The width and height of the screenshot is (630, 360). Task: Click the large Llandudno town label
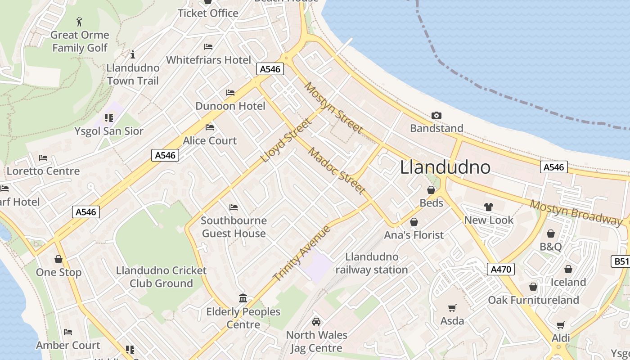point(445,167)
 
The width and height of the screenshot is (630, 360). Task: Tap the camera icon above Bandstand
point(436,116)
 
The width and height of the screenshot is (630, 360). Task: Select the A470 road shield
point(500,270)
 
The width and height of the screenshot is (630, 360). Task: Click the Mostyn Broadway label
point(576,211)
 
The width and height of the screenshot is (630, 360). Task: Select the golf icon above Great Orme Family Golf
point(80,21)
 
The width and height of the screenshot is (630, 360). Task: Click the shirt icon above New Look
point(489,207)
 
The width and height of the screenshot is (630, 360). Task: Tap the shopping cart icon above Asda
point(452,308)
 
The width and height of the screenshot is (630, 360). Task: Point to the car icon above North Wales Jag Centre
point(316,322)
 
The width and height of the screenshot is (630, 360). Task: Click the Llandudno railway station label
point(372,263)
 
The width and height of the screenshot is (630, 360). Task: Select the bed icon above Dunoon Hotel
point(230,93)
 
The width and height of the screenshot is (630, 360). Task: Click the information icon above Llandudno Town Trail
point(133,55)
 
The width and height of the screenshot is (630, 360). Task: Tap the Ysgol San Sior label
point(109,131)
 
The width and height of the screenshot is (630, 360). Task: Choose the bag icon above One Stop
point(58,259)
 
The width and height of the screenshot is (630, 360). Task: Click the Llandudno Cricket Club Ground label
point(161,277)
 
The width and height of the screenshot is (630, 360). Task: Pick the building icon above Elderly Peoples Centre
point(243,298)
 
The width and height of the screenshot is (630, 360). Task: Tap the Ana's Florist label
point(414,235)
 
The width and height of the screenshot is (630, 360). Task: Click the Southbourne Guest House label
point(234,227)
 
